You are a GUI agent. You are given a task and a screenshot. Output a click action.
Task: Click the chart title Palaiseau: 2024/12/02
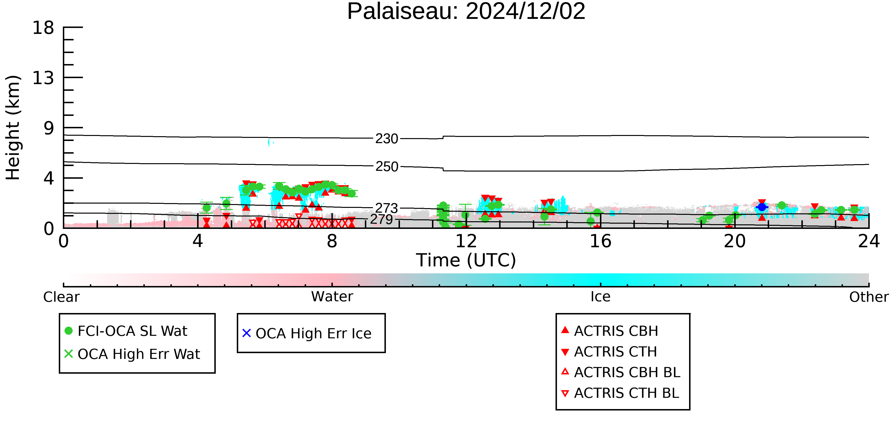coord(466,11)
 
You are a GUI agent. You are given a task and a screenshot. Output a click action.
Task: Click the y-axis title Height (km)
coord(13,128)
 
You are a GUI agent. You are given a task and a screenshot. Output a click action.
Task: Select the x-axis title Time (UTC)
coord(466,260)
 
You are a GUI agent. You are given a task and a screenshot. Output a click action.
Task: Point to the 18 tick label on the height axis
coord(43,27)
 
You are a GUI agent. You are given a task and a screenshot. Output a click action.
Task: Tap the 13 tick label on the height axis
coord(43,78)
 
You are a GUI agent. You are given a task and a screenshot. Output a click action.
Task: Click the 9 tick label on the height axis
coord(49,128)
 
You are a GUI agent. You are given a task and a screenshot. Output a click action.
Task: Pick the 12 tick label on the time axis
coord(466,241)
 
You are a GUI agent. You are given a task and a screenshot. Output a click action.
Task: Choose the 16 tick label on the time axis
coord(600,241)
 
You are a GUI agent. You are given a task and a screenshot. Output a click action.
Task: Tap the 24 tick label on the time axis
coord(869,241)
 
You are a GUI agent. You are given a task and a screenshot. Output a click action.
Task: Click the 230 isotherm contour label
coord(387,139)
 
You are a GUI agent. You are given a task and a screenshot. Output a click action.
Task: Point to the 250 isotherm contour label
coord(387,167)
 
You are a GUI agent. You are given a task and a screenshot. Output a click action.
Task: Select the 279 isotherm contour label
coord(382,220)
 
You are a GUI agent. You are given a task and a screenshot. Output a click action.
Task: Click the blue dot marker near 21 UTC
coord(762,207)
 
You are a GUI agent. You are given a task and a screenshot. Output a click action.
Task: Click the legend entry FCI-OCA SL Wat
coord(126,331)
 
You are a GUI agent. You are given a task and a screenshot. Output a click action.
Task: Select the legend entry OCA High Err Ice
coord(307,333)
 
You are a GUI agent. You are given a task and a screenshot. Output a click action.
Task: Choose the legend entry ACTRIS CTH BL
coord(620,393)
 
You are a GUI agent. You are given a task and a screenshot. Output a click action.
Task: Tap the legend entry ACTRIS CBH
coord(610,331)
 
